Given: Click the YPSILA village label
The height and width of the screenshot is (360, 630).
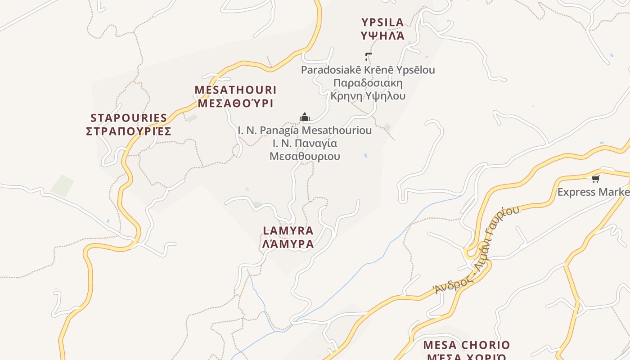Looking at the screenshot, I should coord(382,22).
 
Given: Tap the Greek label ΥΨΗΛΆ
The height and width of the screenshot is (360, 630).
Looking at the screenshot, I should coord(382,36).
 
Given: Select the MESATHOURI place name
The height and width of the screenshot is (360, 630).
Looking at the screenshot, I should coord(235,90).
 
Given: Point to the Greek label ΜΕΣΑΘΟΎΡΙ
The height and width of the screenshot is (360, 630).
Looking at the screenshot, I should coord(235,103).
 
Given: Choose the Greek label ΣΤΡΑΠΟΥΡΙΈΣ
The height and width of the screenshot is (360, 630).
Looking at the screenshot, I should coord(129,131).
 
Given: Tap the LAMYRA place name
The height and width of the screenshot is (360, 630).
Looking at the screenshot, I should coord(288,231).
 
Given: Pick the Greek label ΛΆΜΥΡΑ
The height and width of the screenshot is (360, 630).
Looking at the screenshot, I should coord(288,244).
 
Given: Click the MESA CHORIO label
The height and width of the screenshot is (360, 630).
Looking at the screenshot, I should coord(467,345).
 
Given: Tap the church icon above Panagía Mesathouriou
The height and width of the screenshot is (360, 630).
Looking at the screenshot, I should coord(305,117).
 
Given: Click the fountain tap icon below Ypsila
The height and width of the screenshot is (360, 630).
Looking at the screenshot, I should coord(369,57).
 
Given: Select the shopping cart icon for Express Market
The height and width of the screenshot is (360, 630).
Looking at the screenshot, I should coord(596,179).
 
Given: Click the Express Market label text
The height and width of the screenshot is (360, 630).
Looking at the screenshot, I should coord(593,192).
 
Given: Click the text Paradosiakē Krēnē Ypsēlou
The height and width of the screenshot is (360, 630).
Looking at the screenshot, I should coord(368,70).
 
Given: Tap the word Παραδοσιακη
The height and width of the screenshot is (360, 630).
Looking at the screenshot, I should coord(368,83).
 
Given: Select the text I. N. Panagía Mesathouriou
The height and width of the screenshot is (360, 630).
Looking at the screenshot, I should coord(305,130).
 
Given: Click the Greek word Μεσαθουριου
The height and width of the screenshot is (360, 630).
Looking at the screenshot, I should coord(305,156).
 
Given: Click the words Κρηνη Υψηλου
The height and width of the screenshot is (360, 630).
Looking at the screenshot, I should coord(368,96).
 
